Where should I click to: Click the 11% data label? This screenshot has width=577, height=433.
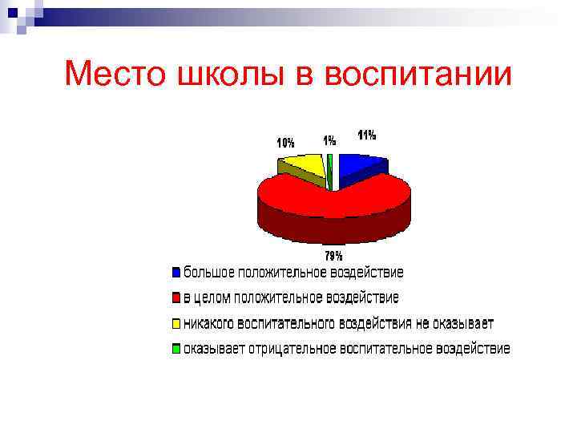367,136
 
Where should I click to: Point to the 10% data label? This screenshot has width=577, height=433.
285,143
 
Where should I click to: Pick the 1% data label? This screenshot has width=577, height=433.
329,140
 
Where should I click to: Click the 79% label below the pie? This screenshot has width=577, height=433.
333,256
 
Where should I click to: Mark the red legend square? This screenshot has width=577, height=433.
176,298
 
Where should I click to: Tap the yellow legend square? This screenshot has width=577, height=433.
176,324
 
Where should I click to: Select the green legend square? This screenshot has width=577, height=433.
176,349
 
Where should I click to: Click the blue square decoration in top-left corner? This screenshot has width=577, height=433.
12,11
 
